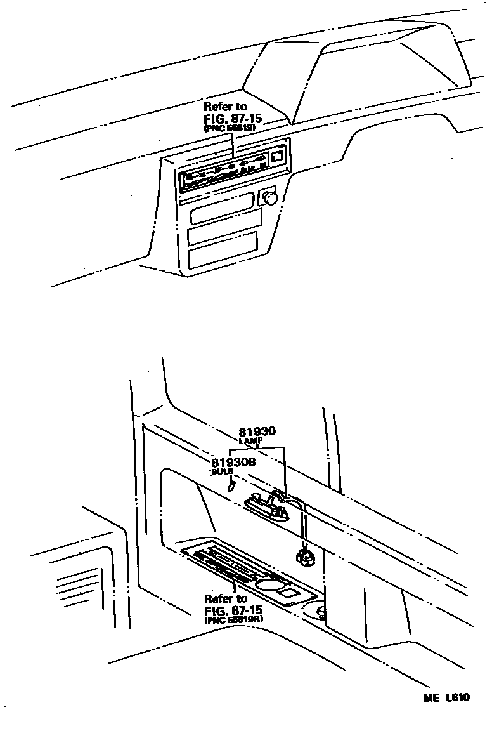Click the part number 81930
point(257,432)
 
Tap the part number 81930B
point(233,463)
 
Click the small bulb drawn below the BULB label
point(231,486)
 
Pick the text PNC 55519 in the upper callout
point(230,128)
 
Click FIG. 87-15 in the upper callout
point(233,119)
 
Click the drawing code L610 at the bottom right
point(457,697)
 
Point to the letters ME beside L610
point(432,697)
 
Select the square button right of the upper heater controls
point(278,154)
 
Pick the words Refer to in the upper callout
point(225,107)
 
